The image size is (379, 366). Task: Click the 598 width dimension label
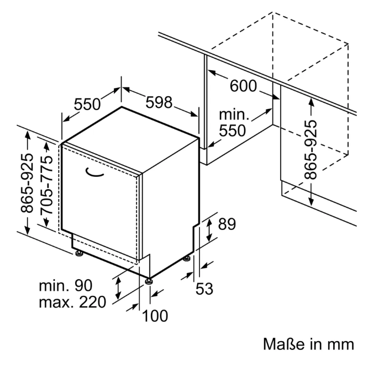[159, 102]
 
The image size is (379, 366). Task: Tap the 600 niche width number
[243, 86]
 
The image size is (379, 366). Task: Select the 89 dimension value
[227, 224]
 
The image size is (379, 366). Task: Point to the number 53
[204, 289]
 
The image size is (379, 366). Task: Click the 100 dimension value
[155, 316]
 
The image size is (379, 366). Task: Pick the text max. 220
[72, 302]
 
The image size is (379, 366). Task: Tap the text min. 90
[66, 285]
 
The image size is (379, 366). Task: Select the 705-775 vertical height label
[46, 185]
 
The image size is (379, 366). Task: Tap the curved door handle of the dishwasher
[94, 172]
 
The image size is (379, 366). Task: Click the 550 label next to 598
[87, 104]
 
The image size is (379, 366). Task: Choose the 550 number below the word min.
[232, 130]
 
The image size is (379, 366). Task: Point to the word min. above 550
[234, 114]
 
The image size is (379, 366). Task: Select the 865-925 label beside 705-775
[27, 183]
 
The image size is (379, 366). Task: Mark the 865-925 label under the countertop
[310, 149]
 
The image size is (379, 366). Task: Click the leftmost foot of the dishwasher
[79, 253]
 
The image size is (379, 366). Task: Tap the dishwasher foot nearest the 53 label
[187, 258]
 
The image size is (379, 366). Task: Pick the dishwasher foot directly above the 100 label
[149, 281]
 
